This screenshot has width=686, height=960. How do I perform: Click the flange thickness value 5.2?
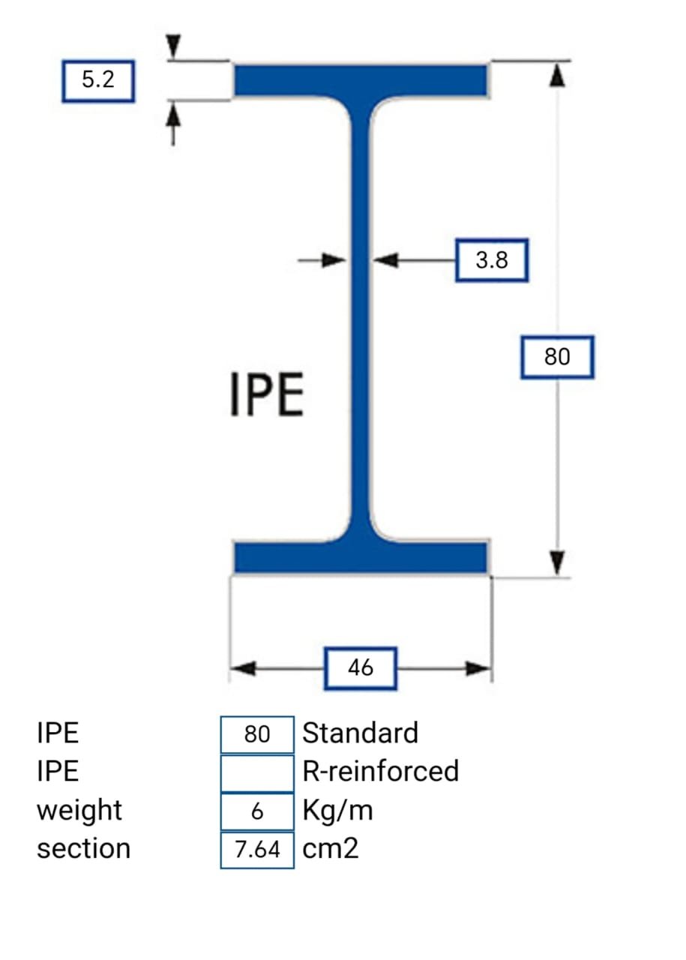coord(98,81)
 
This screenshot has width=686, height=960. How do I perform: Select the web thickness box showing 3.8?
coord(492,260)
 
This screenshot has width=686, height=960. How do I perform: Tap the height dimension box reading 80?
coord(557,357)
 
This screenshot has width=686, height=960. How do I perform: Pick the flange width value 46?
coord(361,667)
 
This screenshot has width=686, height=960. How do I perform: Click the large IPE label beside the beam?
coord(267,396)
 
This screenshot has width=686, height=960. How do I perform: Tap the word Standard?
coord(360,733)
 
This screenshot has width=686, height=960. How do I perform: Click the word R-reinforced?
coord(380,771)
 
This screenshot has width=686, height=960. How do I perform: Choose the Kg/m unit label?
coord(337,811)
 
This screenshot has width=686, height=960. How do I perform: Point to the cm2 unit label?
coord(331,849)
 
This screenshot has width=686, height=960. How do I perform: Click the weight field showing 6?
coord(257,811)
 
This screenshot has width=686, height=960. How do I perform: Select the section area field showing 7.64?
coord(257,850)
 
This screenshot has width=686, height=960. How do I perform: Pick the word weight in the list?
coord(79,811)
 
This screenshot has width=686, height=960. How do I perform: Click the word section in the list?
coord(83,849)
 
